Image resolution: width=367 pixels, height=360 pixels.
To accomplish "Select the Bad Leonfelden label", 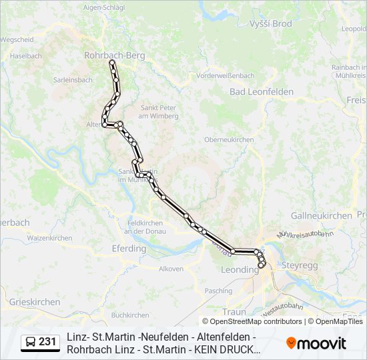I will tap(262, 91).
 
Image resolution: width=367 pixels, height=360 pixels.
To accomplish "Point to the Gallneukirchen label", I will tap(321, 215).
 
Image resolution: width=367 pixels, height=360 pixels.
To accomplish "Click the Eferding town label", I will tap(128, 249).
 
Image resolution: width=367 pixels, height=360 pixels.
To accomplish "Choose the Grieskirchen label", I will tap(35, 302).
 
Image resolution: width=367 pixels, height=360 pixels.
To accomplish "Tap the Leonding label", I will tap(240, 270).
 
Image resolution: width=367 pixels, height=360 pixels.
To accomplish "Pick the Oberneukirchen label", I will tap(229, 140).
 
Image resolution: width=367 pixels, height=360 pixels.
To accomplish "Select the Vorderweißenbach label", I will tap(226, 76).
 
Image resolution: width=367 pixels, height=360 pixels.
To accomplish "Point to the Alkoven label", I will tap(171, 269).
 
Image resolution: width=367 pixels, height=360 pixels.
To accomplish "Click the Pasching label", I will tap(218, 291).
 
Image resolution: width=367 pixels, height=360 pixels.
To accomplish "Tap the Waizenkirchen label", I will tap(49, 238).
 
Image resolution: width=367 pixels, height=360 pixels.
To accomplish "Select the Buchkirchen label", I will tap(130, 315).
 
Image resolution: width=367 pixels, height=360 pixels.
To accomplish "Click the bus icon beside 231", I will tap(31, 343).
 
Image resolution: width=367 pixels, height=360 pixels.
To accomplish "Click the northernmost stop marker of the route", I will tap(112, 63).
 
